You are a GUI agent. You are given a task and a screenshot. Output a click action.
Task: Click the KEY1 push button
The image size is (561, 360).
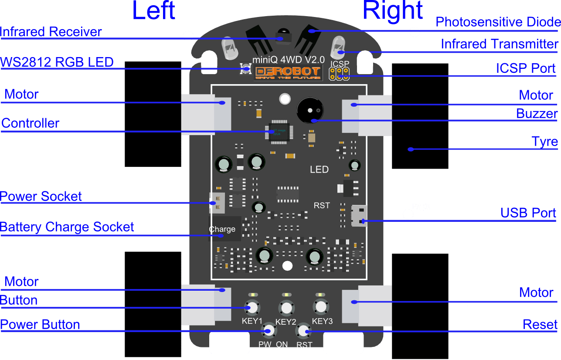tap(252, 308)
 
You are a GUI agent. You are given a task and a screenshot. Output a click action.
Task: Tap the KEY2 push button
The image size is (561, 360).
tap(286, 308)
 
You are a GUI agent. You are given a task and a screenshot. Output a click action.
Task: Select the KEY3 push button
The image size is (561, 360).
tap(321, 307)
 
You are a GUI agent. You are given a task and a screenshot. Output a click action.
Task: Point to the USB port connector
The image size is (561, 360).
tap(359, 215)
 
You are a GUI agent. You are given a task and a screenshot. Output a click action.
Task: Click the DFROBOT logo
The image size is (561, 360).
tap(288, 73)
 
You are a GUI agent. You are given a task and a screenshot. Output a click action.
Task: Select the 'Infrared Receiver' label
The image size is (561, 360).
tap(51, 32)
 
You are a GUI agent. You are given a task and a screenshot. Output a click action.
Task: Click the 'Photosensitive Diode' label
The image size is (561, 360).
tap(498, 22)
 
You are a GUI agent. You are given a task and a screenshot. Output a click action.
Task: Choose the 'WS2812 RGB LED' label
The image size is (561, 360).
tap(57, 62)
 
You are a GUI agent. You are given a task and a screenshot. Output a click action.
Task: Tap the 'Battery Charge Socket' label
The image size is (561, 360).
tap(67, 227)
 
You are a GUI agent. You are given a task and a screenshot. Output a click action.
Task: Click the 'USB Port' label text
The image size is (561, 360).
tap(528, 213)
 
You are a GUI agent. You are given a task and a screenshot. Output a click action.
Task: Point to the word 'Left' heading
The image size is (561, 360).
tap(153, 10)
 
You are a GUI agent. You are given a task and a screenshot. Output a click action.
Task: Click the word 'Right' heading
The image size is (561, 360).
tap(392, 10)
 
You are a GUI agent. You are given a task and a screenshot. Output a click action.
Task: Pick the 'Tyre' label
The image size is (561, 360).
tap(544, 142)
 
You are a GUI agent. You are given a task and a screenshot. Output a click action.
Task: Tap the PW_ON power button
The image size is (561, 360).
tap(269, 331)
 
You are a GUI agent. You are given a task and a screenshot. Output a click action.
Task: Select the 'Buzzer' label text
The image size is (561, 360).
tap(537, 114)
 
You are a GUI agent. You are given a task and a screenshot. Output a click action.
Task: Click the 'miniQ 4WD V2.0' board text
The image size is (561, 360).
tap(289, 59)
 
